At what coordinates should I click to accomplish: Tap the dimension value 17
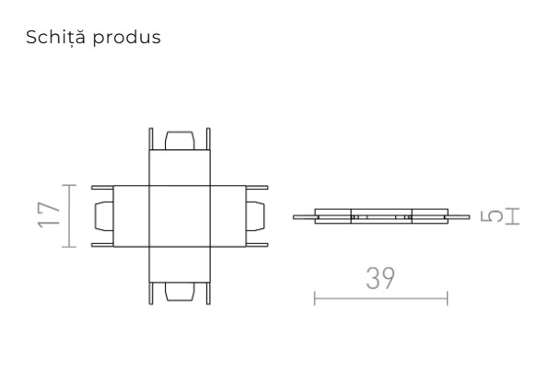47,215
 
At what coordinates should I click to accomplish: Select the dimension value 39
380,279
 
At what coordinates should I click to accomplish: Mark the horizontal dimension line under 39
380,297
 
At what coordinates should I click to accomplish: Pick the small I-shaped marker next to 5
512,216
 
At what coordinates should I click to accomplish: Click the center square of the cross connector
180,215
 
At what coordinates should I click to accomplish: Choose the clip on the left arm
103,215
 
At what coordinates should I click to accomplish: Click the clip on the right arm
256,215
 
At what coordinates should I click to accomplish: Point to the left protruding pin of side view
303,217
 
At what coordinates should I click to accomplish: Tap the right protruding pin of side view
457,217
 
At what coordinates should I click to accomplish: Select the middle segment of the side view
380,217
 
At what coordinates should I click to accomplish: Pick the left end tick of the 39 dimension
314,297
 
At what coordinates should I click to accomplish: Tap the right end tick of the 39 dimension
447,297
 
